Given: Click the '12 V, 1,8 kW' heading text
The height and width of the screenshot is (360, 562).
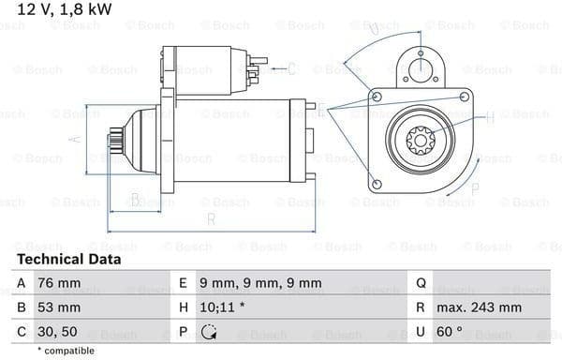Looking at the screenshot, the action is coord(65,9).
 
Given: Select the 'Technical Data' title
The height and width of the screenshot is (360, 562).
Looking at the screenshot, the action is coord(68,260).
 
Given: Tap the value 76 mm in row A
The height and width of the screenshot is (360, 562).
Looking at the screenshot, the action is coord(59,283).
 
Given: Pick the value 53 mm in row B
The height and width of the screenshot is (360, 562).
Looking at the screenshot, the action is coord(59,307).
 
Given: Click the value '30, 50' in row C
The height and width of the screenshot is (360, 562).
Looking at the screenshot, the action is coord(57,332).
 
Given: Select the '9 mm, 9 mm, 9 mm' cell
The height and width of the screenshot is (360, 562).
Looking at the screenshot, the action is coord(260,283).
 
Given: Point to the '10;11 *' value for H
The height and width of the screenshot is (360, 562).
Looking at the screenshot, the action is coord(222,307).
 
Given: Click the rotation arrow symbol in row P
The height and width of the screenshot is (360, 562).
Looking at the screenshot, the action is coord(208,332).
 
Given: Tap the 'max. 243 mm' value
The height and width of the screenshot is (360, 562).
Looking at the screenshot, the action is coord(479,307).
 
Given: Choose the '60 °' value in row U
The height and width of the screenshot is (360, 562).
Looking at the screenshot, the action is coord(450,331).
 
